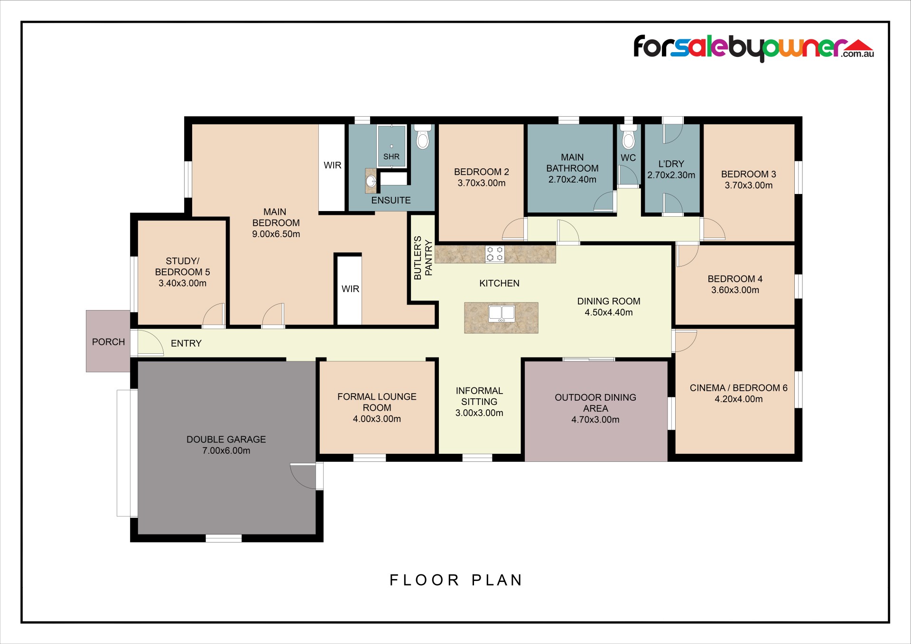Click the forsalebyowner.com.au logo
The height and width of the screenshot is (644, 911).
pos(753,48)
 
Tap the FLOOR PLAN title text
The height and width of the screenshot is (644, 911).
pos(456,580)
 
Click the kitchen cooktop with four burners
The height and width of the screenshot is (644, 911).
pos(495,254)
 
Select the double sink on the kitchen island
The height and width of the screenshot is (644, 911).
pos(502,313)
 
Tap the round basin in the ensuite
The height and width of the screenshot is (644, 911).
pos(371,181)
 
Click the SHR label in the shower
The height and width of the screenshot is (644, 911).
pos(391,156)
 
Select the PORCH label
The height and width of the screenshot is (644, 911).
pos(109,342)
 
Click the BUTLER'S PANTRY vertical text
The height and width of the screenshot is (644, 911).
pos(423,258)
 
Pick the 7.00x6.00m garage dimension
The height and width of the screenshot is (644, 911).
pos(226,451)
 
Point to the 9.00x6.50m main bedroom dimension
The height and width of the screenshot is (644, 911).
pos(276,234)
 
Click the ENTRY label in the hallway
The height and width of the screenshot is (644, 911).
pos(186,343)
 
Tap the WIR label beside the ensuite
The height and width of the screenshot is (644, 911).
pos(333,165)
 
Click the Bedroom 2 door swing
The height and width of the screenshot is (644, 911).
pos(515,229)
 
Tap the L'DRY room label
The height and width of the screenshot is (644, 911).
pos(671,164)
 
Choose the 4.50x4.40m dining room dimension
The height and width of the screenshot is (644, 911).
pos(609,312)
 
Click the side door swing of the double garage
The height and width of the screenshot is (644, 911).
pos(304,476)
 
